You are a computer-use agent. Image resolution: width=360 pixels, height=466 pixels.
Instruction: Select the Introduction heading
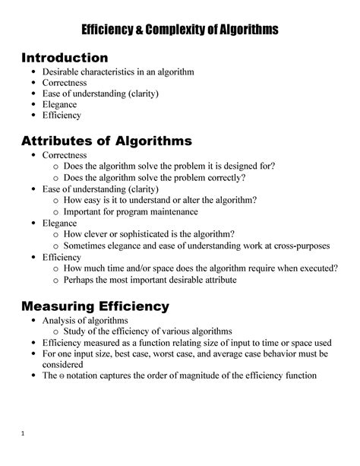[65, 58]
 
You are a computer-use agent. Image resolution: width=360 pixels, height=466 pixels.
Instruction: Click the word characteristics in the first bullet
[113, 72]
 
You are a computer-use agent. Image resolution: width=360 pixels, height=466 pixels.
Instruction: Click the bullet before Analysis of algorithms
[33, 321]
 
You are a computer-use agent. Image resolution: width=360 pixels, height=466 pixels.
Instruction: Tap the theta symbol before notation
[62, 376]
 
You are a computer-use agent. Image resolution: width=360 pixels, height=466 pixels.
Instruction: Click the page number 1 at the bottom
[24, 434]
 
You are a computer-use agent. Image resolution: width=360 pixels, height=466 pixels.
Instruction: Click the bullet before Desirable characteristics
[33, 72]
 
